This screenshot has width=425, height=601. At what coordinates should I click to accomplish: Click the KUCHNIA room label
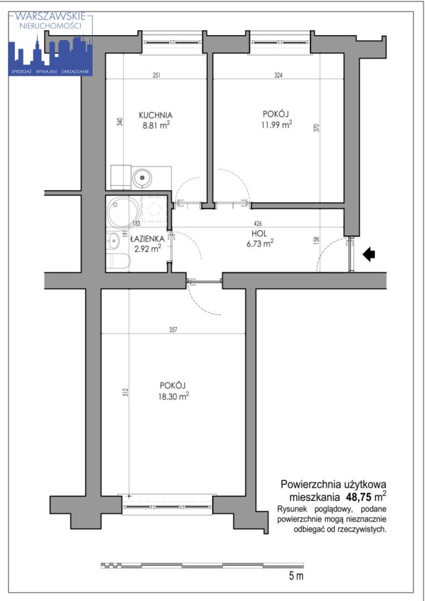155,115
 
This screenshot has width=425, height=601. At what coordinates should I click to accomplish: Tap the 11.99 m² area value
277,125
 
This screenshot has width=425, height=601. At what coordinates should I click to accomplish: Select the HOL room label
260,234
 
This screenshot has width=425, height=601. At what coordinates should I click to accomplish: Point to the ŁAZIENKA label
148,239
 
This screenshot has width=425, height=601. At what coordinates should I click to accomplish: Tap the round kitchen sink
142,178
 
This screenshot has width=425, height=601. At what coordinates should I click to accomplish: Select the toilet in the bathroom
118,261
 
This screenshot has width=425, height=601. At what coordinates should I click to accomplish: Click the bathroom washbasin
113,241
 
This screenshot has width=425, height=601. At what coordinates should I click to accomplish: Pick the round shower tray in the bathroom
125,212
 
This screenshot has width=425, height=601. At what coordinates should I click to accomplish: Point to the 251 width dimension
156,75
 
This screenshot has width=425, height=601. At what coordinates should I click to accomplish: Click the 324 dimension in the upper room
279,75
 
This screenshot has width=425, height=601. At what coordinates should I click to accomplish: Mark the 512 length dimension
126,392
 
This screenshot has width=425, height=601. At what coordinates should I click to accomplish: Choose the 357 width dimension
173,330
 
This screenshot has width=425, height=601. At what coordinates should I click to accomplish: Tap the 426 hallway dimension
258,223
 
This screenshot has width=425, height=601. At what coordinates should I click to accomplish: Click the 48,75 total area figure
359,497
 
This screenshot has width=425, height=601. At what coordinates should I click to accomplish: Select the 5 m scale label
296,575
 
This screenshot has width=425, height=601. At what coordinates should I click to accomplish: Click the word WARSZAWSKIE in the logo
50,16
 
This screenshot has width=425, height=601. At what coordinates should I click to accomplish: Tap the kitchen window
172,43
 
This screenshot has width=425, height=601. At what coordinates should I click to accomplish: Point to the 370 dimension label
316,128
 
